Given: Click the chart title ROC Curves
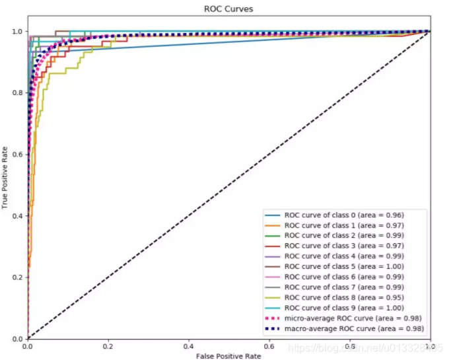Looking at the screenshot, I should [228, 9].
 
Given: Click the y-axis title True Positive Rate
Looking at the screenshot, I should [6, 178].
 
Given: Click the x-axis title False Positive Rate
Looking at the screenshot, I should [228, 356].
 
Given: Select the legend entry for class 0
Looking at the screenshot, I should [344, 215].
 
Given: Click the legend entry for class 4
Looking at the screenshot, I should [344, 256].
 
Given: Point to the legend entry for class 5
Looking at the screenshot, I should [344, 267].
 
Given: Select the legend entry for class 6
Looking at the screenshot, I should [344, 277].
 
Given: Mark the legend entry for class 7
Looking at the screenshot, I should [344, 287].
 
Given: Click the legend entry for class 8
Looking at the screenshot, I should [344, 297].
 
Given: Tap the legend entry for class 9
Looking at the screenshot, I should [344, 308].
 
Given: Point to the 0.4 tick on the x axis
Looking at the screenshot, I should [188, 345].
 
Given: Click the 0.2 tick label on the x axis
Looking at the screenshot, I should [108, 345].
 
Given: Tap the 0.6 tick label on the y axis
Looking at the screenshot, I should [17, 155].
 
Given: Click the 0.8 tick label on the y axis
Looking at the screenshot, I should [17, 93].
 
